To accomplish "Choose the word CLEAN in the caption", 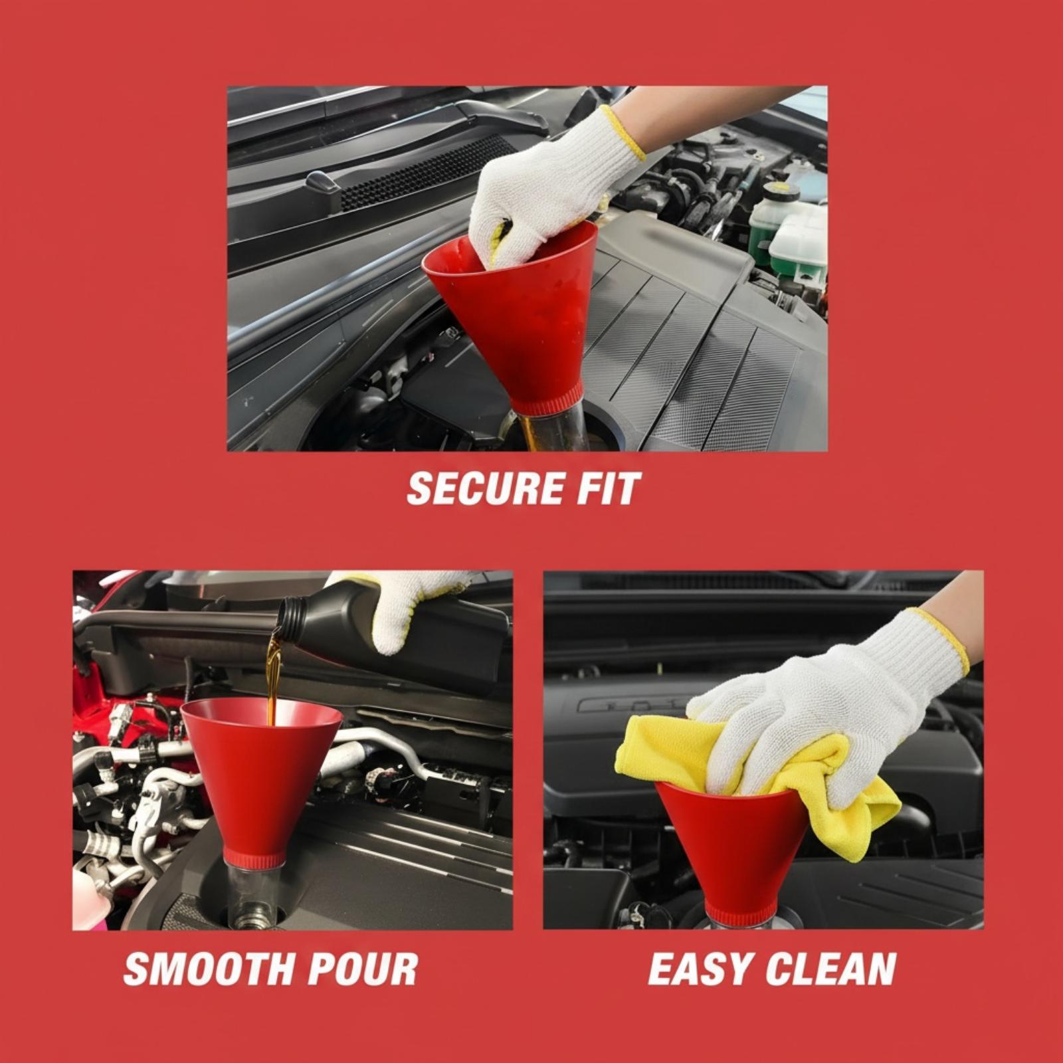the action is (830, 968).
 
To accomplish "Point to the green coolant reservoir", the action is (787, 229).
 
